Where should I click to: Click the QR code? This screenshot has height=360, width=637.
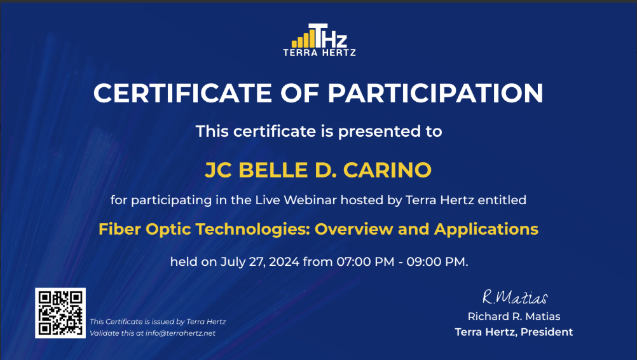tap(60, 312)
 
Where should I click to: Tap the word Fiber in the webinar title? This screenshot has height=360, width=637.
tap(120, 229)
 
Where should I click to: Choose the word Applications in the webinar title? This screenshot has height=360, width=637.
tap(486, 229)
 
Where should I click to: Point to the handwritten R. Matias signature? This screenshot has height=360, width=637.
tap(514, 297)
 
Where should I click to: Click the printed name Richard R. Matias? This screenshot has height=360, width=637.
tap(514, 316)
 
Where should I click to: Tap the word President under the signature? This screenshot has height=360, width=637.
tap(547, 332)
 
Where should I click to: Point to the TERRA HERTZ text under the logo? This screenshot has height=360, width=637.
tap(319, 53)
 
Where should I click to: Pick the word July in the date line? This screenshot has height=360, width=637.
tap(233, 261)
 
